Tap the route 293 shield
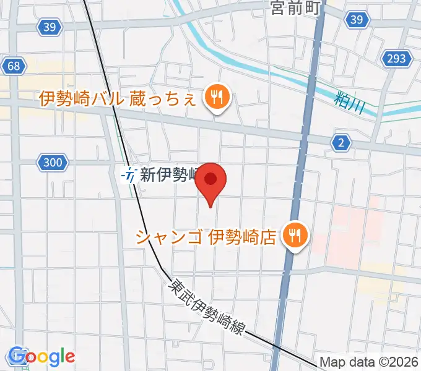397,59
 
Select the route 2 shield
341,143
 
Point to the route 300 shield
53,163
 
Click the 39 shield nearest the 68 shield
50,26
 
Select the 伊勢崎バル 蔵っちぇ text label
118,98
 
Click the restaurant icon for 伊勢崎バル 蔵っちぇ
216,96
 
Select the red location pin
211,180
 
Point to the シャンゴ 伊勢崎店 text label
206,237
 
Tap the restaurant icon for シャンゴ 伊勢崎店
296,236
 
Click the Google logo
41,357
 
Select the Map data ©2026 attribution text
369,363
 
